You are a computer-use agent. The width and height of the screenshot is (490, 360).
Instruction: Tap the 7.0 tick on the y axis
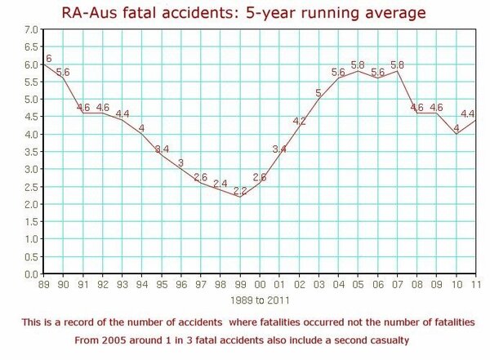pyautogui.click(x=30, y=30)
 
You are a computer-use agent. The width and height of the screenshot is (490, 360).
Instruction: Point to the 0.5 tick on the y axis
pyautogui.click(x=30, y=257)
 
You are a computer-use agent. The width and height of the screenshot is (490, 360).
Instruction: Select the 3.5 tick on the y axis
pyautogui.click(x=30, y=153)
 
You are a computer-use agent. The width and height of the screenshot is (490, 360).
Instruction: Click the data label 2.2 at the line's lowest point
pyautogui.click(x=240, y=191)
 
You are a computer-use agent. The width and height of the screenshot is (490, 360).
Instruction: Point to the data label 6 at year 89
pyautogui.click(x=49, y=59)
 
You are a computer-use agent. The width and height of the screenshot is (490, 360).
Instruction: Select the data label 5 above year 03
pyautogui.click(x=318, y=93)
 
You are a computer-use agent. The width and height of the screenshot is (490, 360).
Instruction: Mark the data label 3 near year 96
pyautogui.click(x=180, y=162)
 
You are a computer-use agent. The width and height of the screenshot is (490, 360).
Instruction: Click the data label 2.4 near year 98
pyautogui.click(x=220, y=184)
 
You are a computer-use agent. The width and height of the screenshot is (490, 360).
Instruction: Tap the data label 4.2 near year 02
pyautogui.click(x=299, y=122)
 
